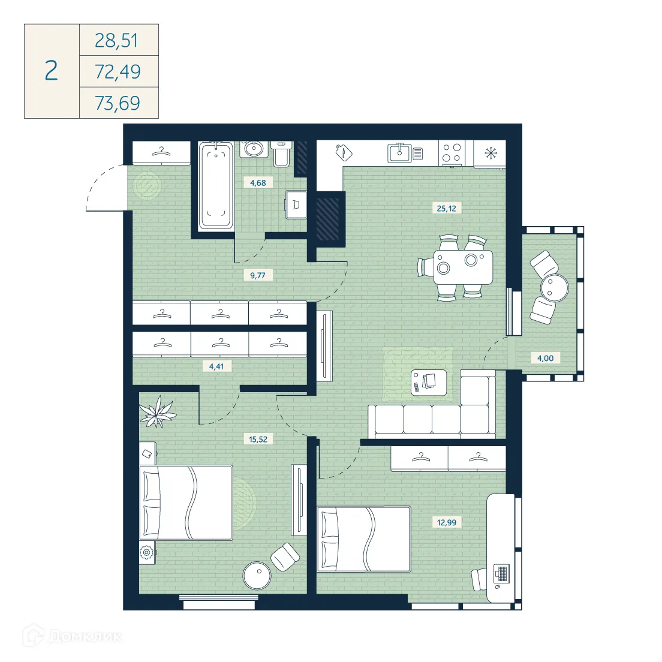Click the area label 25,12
click(x=446, y=209)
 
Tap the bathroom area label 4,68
click(x=258, y=183)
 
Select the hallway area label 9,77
click(x=258, y=276)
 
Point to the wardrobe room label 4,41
click(x=216, y=366)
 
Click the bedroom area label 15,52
click(x=258, y=440)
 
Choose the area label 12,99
click(x=446, y=522)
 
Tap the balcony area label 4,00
click(x=545, y=359)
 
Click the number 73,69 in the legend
click(x=118, y=103)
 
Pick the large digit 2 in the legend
click(x=52, y=71)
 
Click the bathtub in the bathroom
click(x=215, y=185)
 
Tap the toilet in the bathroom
click(x=281, y=154)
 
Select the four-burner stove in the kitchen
click(x=451, y=152)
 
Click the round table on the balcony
click(x=554, y=288)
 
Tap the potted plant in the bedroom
click(x=157, y=412)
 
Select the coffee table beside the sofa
click(x=429, y=382)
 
